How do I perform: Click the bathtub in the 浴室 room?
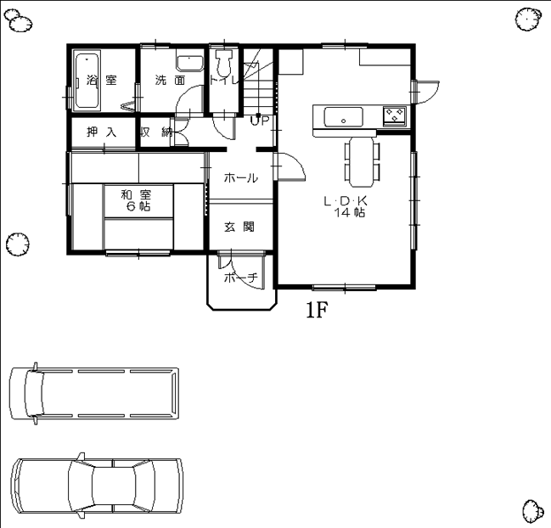pyautogui.click(x=87, y=81)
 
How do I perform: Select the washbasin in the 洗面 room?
pyautogui.click(x=190, y=64)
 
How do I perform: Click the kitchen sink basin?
pyautogui.click(x=343, y=117)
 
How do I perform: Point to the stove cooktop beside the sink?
pyautogui.click(x=395, y=115)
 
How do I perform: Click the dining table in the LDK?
pyautogui.click(x=361, y=162)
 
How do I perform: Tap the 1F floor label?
pyautogui.click(x=317, y=310)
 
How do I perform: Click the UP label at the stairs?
pyautogui.click(x=260, y=121)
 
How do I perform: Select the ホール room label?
pyautogui.click(x=241, y=178)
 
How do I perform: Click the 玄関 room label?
pyautogui.click(x=239, y=227)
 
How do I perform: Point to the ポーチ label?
pyautogui.click(x=241, y=278)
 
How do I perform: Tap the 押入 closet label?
pyautogui.click(x=102, y=132)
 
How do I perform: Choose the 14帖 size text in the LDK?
pyautogui.click(x=349, y=212)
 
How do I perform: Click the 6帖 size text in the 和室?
pyautogui.click(x=138, y=206)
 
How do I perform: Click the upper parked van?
pyautogui.click(x=94, y=393)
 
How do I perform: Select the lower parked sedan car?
pyautogui.click(x=97, y=486)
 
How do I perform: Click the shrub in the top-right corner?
pyautogui.click(x=528, y=19)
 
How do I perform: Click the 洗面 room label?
pyautogui.click(x=170, y=81)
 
